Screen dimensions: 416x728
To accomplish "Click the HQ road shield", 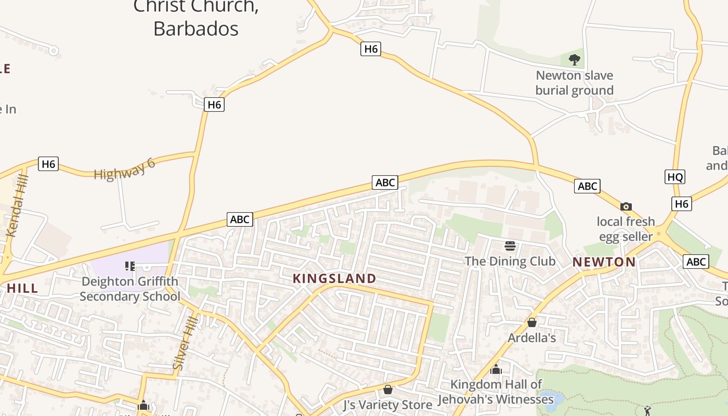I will [675, 177].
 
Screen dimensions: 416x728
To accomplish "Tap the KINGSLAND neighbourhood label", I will [334, 278].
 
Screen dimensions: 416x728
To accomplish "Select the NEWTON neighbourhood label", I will [604, 262].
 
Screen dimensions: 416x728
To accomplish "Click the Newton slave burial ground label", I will [575, 83].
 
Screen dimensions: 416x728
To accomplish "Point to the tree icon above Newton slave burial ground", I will [575, 60].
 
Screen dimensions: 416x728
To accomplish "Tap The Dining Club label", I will [510, 261].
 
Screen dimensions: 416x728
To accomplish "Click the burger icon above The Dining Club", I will [510, 245].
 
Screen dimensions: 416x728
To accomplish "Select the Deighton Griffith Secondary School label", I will [129, 289].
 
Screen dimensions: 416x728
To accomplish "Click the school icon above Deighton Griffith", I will [130, 266].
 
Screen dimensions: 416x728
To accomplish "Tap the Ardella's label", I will [532, 338].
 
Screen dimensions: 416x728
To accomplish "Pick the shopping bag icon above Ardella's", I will [532, 323].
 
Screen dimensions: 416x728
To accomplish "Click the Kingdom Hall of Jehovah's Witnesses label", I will [496, 392].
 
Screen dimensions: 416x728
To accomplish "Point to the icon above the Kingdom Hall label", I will [496, 369].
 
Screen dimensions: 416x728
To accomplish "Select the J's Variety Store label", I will [388, 405].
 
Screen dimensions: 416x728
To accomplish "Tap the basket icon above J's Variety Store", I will [388, 389].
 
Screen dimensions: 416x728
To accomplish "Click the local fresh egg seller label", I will [626, 229].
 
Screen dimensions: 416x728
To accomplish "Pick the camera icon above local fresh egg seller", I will [626, 206].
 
